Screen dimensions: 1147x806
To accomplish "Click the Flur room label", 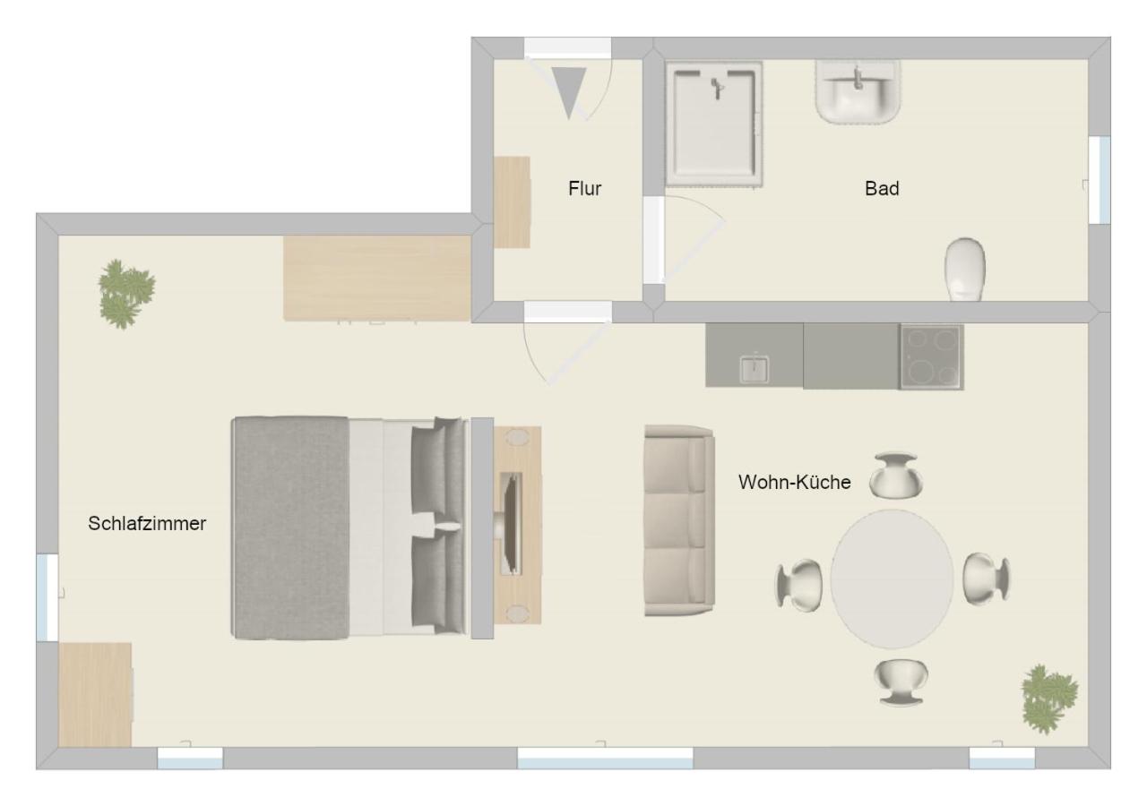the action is [584, 188].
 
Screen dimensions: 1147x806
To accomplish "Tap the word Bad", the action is [882, 188].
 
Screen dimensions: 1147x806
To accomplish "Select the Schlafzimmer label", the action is [147, 524].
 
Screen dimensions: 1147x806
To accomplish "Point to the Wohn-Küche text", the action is [794, 482].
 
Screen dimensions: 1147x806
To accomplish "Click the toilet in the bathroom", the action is [965, 270].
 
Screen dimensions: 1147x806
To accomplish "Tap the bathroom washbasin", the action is [858, 92].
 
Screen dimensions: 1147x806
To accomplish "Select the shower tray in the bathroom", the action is [714, 124].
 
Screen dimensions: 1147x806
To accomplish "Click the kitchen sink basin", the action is [754, 369].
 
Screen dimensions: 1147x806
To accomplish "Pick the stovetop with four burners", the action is [931, 356].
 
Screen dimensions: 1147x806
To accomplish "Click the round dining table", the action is [892, 579].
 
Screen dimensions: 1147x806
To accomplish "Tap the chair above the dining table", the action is [895, 475].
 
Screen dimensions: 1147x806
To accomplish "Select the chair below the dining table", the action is [901, 682].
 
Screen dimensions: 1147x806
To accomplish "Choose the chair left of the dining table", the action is [798, 585].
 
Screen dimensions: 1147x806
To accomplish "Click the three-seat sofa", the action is [679, 520].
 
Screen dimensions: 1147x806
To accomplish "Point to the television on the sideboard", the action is [510, 524].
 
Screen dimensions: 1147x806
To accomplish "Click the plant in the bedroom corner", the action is [126, 293].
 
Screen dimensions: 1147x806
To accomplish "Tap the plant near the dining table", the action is [1049, 699].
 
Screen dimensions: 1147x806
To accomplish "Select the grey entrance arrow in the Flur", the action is [569, 93].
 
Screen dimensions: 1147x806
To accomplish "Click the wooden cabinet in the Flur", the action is [512, 202].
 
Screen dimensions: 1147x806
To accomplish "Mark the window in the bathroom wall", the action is [1099, 180].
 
